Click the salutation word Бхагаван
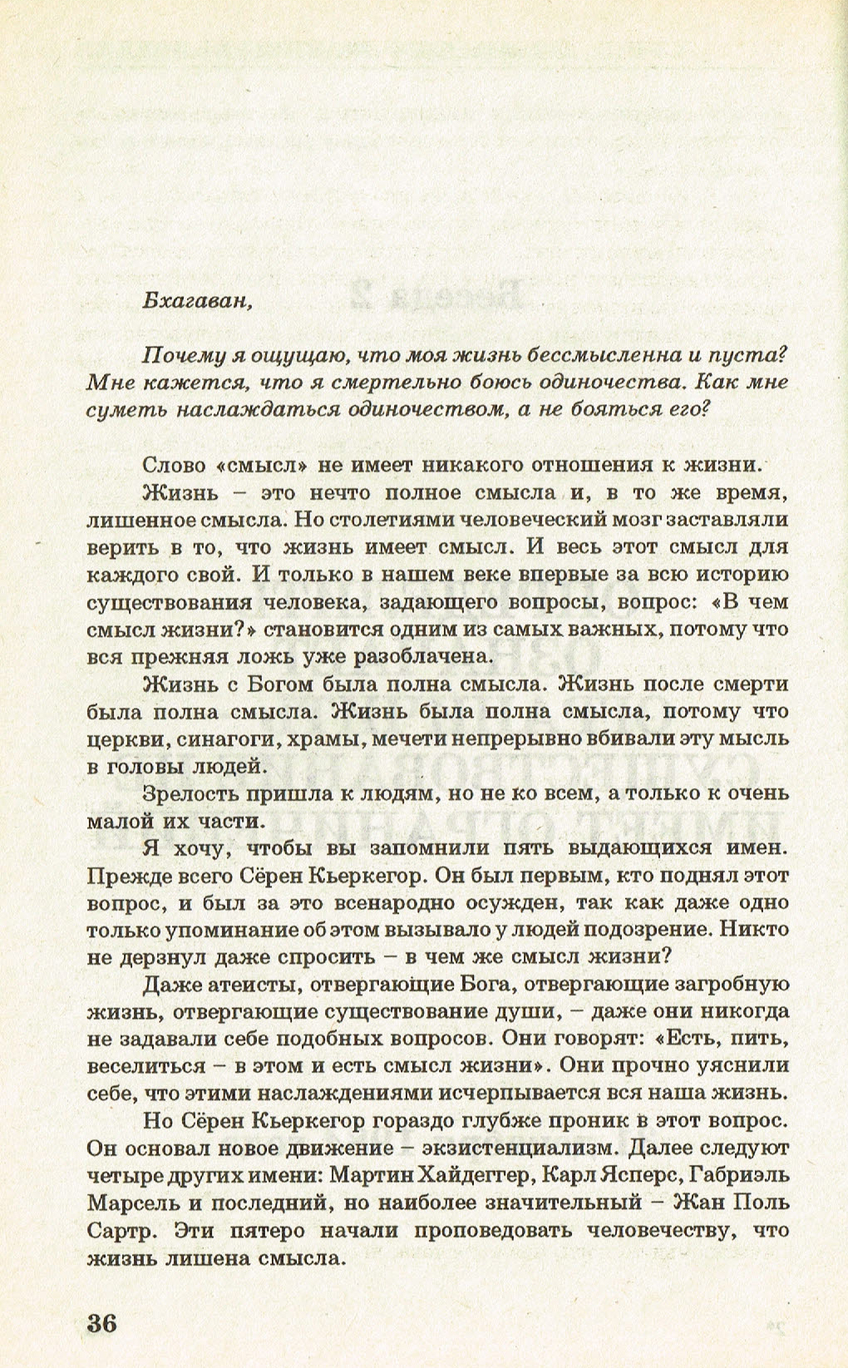tap(196, 300)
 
